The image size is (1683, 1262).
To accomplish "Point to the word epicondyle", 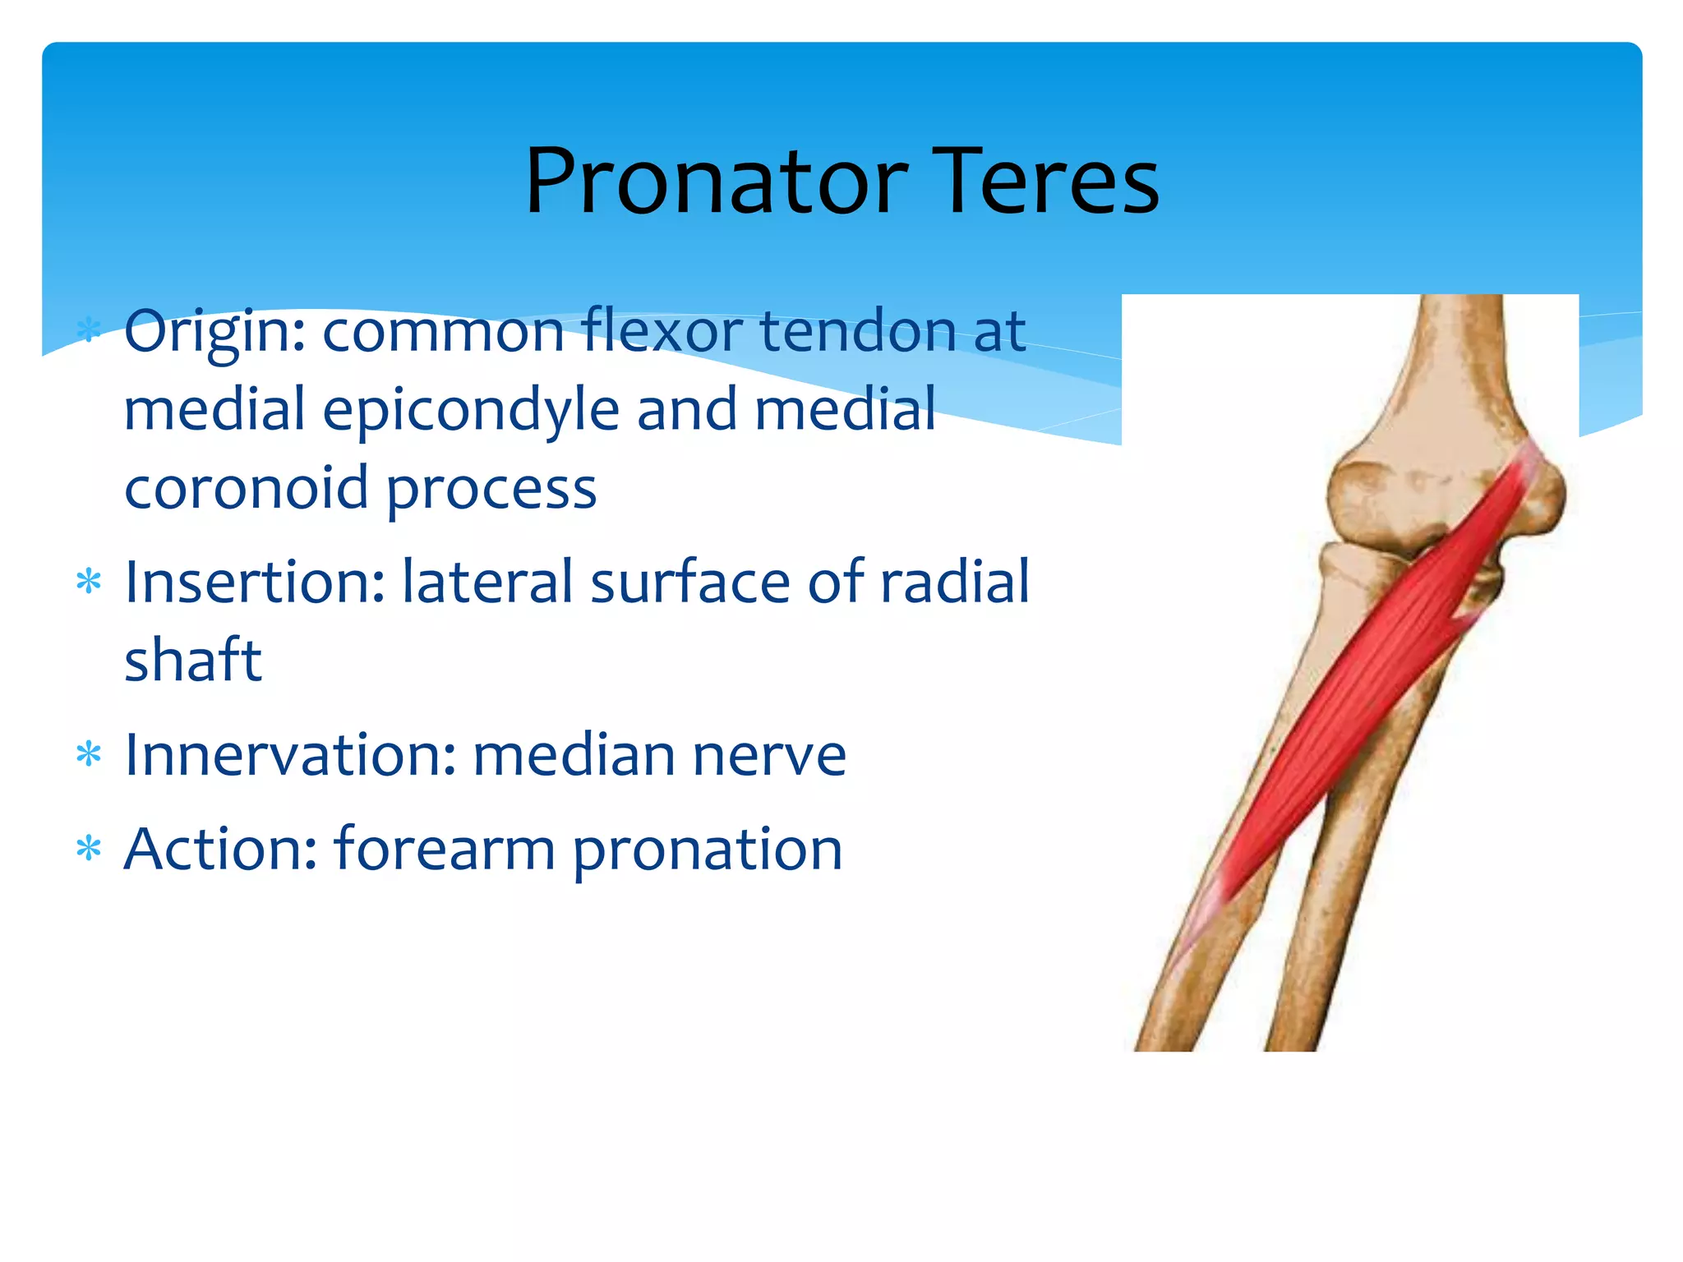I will point(471,411).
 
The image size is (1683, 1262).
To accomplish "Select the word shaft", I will point(193,660).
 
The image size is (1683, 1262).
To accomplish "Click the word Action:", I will point(220,849).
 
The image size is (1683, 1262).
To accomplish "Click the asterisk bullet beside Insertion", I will point(89,583).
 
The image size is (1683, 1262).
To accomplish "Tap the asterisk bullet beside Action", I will point(89,848).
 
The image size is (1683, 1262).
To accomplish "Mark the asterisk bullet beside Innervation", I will point(89,753).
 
